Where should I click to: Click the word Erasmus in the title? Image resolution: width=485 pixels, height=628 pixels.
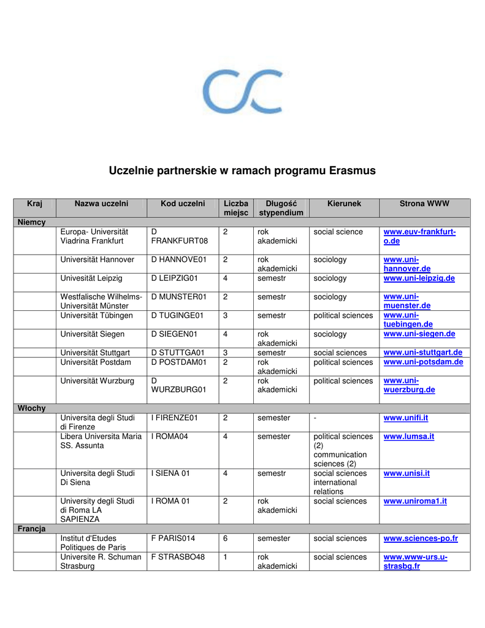(352, 170)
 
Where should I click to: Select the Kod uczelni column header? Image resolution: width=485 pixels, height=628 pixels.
(183, 203)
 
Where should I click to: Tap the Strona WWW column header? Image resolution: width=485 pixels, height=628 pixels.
(424, 203)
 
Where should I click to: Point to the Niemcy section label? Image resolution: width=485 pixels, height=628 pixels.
(32, 222)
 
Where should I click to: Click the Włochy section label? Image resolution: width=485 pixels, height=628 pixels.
(32, 408)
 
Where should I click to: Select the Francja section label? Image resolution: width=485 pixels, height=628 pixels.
(31, 529)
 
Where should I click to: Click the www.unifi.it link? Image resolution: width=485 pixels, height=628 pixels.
(405, 418)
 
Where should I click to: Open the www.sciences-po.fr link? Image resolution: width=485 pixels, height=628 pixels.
(421, 538)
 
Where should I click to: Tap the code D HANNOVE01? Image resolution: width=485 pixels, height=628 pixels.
(179, 260)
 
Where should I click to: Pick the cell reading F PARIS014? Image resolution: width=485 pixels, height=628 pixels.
(173, 538)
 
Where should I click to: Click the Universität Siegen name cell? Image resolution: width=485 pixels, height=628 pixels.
(92, 334)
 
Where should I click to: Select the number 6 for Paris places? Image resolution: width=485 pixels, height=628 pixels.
(225, 538)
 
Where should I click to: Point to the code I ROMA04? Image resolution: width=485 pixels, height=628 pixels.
(170, 437)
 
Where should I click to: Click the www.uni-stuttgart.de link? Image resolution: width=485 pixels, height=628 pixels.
(422, 353)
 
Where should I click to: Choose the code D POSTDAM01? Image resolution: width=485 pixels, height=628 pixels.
(179, 362)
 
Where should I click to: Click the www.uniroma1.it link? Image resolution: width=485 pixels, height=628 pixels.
(415, 501)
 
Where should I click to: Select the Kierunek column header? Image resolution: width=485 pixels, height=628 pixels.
(344, 203)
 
